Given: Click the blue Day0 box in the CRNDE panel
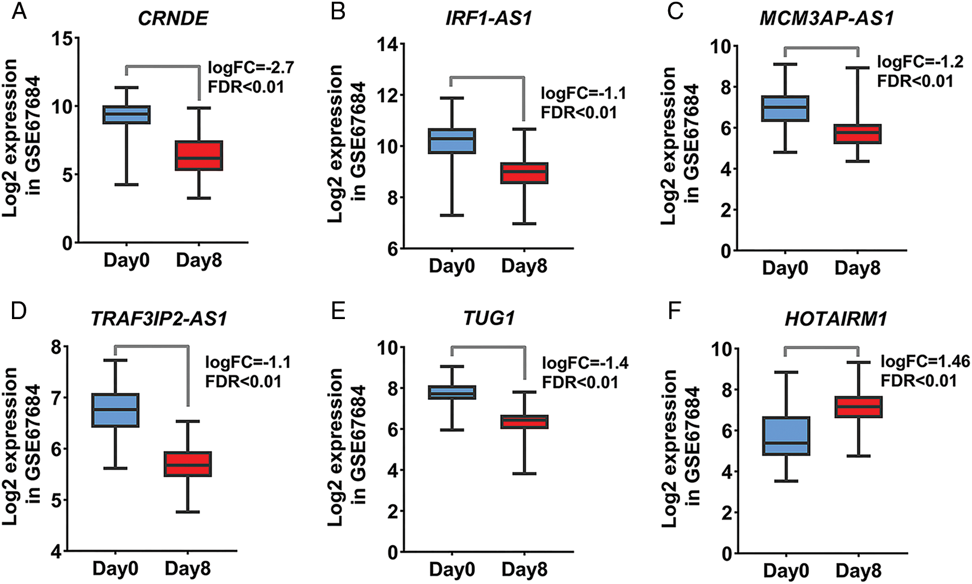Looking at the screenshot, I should [126, 115].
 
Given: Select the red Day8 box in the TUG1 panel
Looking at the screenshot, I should [524, 422].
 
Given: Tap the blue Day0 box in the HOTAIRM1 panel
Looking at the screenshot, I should [786, 436].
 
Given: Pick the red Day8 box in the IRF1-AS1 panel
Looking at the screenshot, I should [524, 173].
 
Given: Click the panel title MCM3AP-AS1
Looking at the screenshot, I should [826, 18].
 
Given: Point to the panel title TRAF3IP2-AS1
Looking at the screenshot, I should [159, 318].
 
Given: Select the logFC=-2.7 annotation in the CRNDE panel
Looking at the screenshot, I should [251, 68].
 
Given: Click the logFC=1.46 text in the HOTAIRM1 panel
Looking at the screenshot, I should [925, 362].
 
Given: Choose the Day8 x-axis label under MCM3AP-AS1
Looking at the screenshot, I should [857, 268].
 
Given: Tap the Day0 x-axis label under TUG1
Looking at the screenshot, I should [452, 569].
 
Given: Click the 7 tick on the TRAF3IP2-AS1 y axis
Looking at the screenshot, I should [57, 397].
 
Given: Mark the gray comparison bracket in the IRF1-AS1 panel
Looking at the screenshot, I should [487, 77].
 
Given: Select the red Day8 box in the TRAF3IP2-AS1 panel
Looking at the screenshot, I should [188, 464].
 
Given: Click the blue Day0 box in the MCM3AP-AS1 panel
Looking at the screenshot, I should [785, 108].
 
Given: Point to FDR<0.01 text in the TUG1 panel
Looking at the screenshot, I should [580, 382].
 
